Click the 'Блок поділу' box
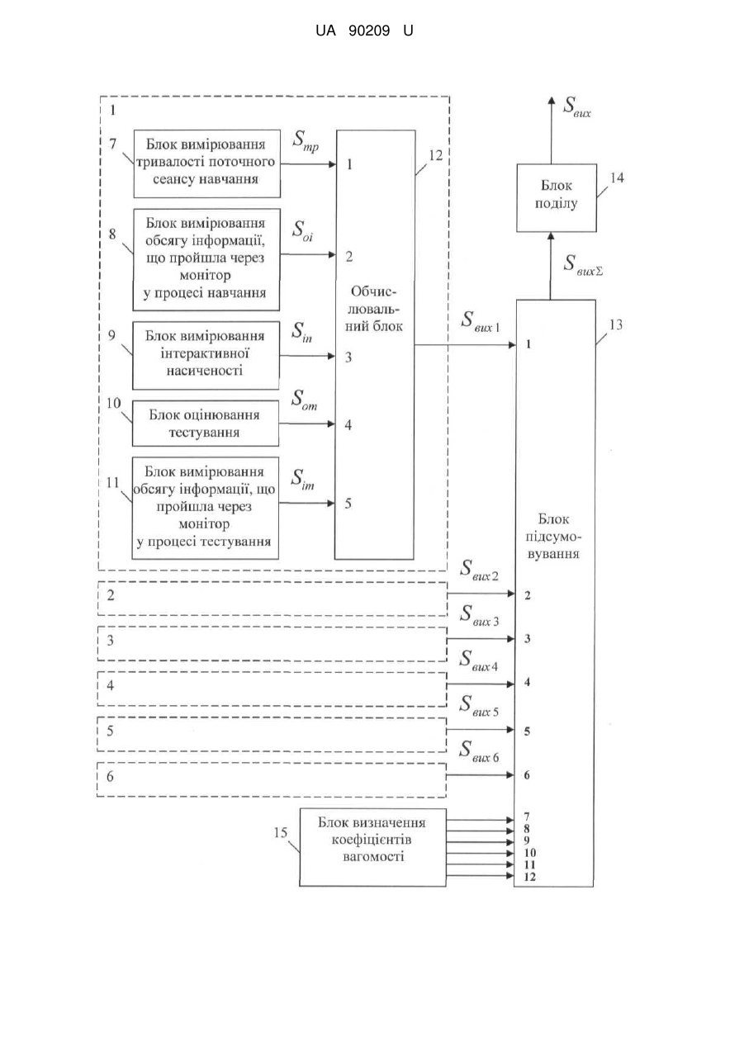tap(557, 197)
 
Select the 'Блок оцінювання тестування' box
tap(205, 424)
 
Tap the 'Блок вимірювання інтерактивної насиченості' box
tap(206, 355)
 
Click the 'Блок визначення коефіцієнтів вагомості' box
tap(372, 847)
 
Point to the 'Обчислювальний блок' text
tap(374, 309)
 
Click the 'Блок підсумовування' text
tap(553, 537)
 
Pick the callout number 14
tap(617, 178)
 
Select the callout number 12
tap(436, 156)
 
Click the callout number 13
tap(615, 324)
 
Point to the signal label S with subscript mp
tap(306, 140)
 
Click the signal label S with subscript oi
tap(303, 231)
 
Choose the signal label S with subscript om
tap(304, 400)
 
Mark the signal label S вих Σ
tap(583, 265)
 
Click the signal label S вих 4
tap(478, 660)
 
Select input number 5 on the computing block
tap(348, 504)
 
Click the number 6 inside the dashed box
tap(110, 777)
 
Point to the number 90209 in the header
tap(369, 31)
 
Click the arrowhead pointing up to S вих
tap(552, 102)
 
